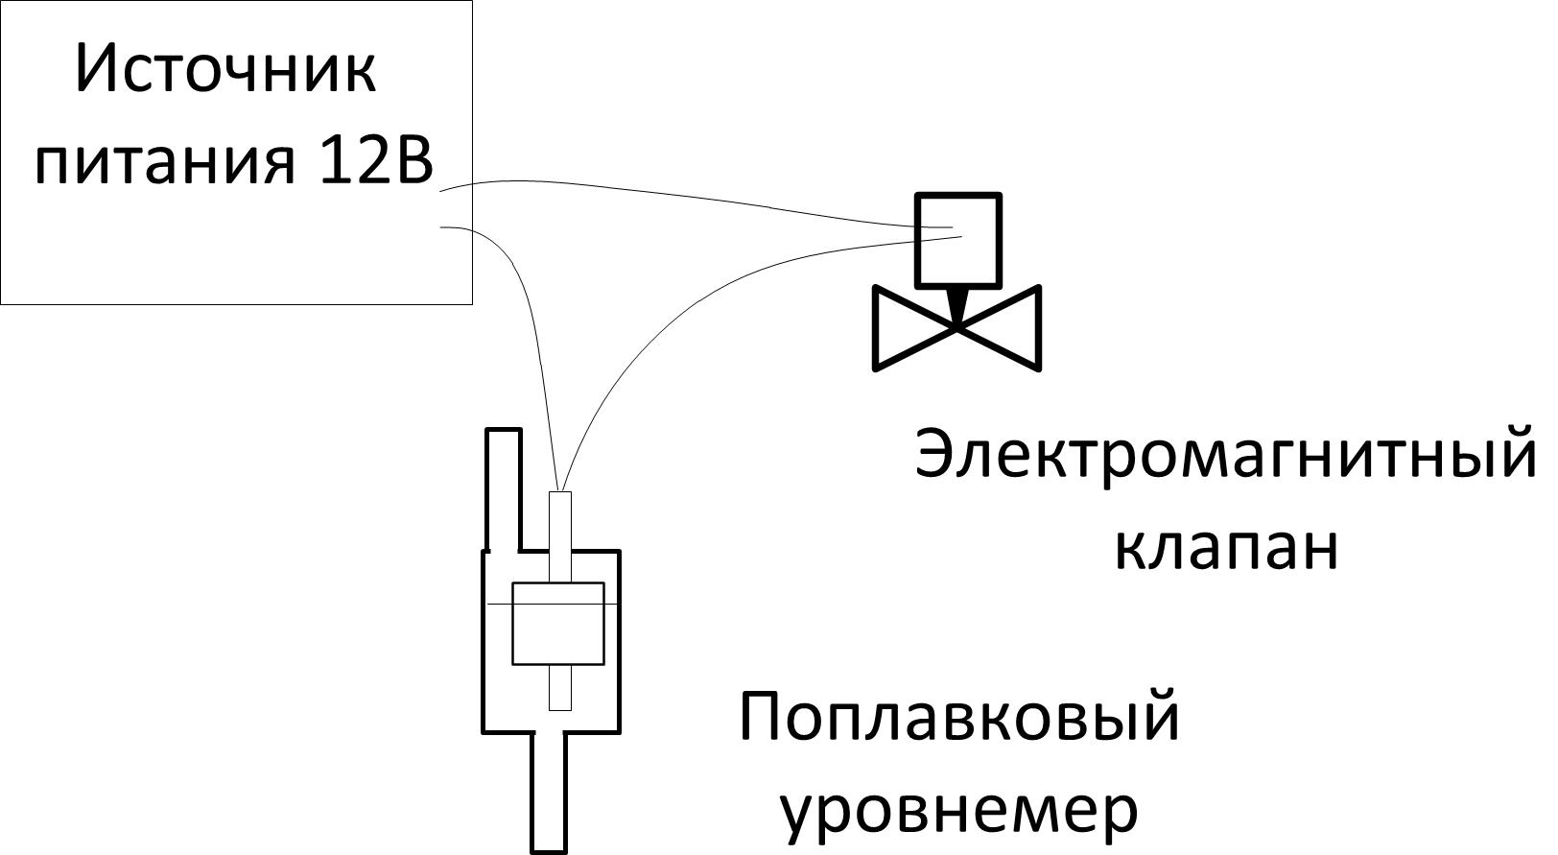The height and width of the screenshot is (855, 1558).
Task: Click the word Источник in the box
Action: (225, 70)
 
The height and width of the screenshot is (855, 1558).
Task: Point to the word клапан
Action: (1225, 548)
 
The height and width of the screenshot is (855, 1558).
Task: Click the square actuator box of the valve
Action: (957, 240)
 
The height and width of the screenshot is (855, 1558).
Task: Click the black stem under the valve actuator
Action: (956, 304)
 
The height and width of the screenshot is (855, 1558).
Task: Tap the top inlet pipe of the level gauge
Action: (503, 485)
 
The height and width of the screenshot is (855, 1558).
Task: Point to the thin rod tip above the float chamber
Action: (559, 518)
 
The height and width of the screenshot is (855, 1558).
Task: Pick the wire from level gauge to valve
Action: (672, 297)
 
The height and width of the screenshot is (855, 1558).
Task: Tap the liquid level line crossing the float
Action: (499, 604)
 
